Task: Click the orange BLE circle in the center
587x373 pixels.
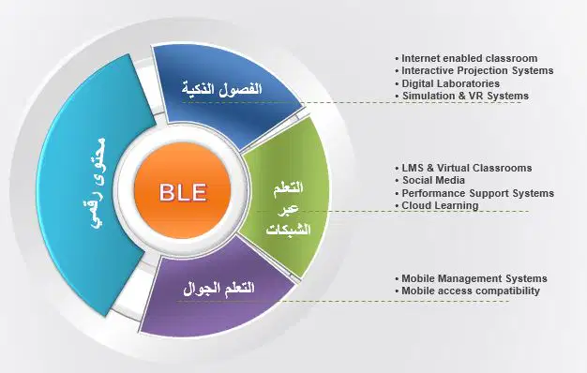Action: [182, 191]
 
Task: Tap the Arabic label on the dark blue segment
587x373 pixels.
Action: [221, 89]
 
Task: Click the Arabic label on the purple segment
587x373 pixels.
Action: [219, 289]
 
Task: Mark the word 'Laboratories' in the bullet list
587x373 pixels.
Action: [469, 83]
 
